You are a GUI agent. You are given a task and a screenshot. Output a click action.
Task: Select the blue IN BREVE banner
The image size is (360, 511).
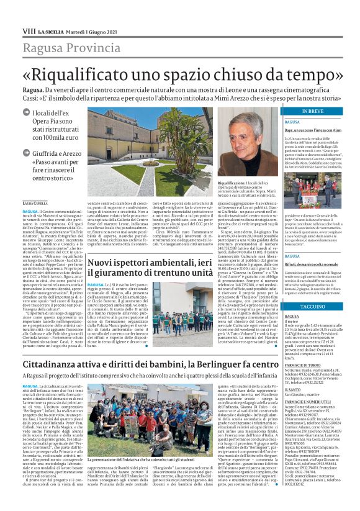(x=312, y=111)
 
